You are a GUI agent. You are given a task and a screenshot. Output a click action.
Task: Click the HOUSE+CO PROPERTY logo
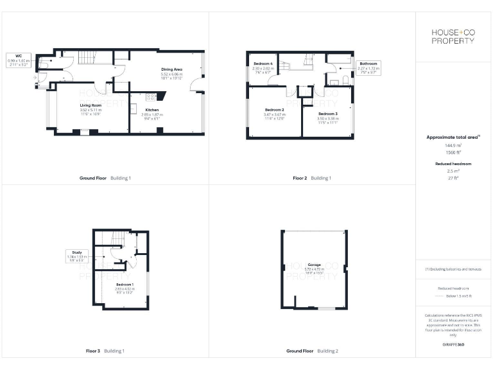[454, 37]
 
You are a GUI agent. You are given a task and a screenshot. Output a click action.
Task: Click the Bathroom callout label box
[368, 67]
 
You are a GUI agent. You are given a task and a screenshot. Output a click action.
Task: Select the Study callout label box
[76, 256]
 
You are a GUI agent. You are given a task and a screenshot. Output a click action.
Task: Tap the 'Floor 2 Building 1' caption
[312, 177]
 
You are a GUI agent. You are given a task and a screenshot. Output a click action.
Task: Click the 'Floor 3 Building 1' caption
[105, 351]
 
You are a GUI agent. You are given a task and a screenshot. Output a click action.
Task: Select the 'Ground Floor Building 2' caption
[312, 351]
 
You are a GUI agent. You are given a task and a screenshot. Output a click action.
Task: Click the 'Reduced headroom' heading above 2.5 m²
[454, 164]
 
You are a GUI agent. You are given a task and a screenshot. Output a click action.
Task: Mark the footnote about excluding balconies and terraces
[454, 269]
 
